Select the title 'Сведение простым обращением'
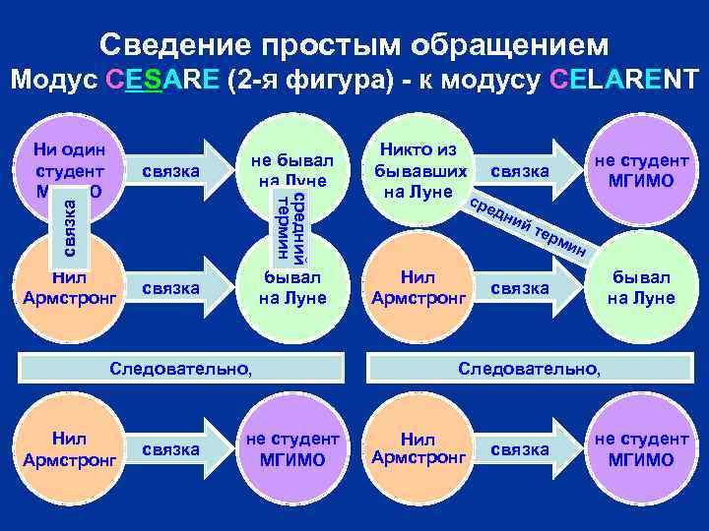(354, 44)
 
